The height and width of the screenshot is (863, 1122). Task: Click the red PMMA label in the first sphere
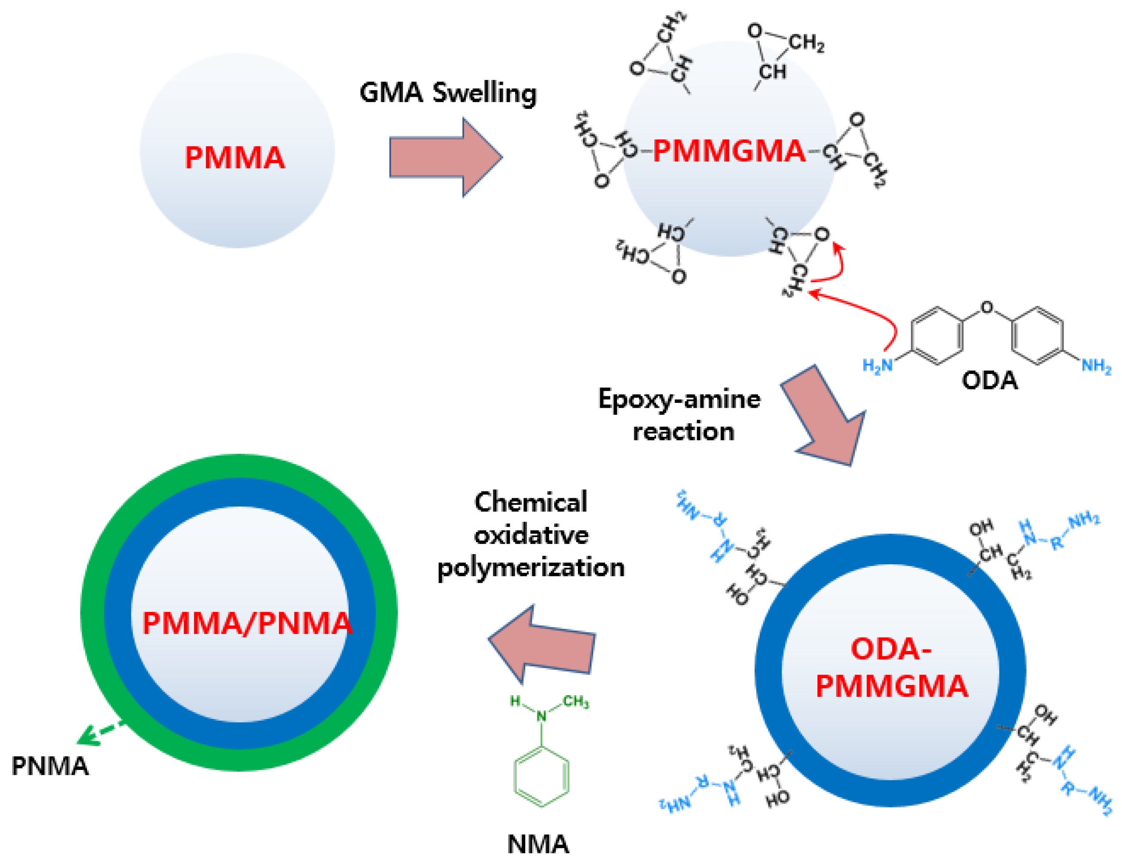point(234,158)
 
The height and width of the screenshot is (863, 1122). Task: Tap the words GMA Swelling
point(447,94)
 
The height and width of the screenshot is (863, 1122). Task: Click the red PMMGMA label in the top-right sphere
point(729,152)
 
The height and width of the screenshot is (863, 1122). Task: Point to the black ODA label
point(989,381)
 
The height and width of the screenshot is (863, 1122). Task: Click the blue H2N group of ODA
point(878,366)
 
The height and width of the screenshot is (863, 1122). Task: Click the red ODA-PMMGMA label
point(891,668)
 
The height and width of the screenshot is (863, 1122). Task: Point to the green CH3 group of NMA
point(576,702)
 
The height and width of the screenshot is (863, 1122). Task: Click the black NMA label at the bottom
point(538,844)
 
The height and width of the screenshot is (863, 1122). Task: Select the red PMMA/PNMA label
point(247,624)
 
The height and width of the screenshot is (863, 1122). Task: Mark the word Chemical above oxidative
point(531,502)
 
